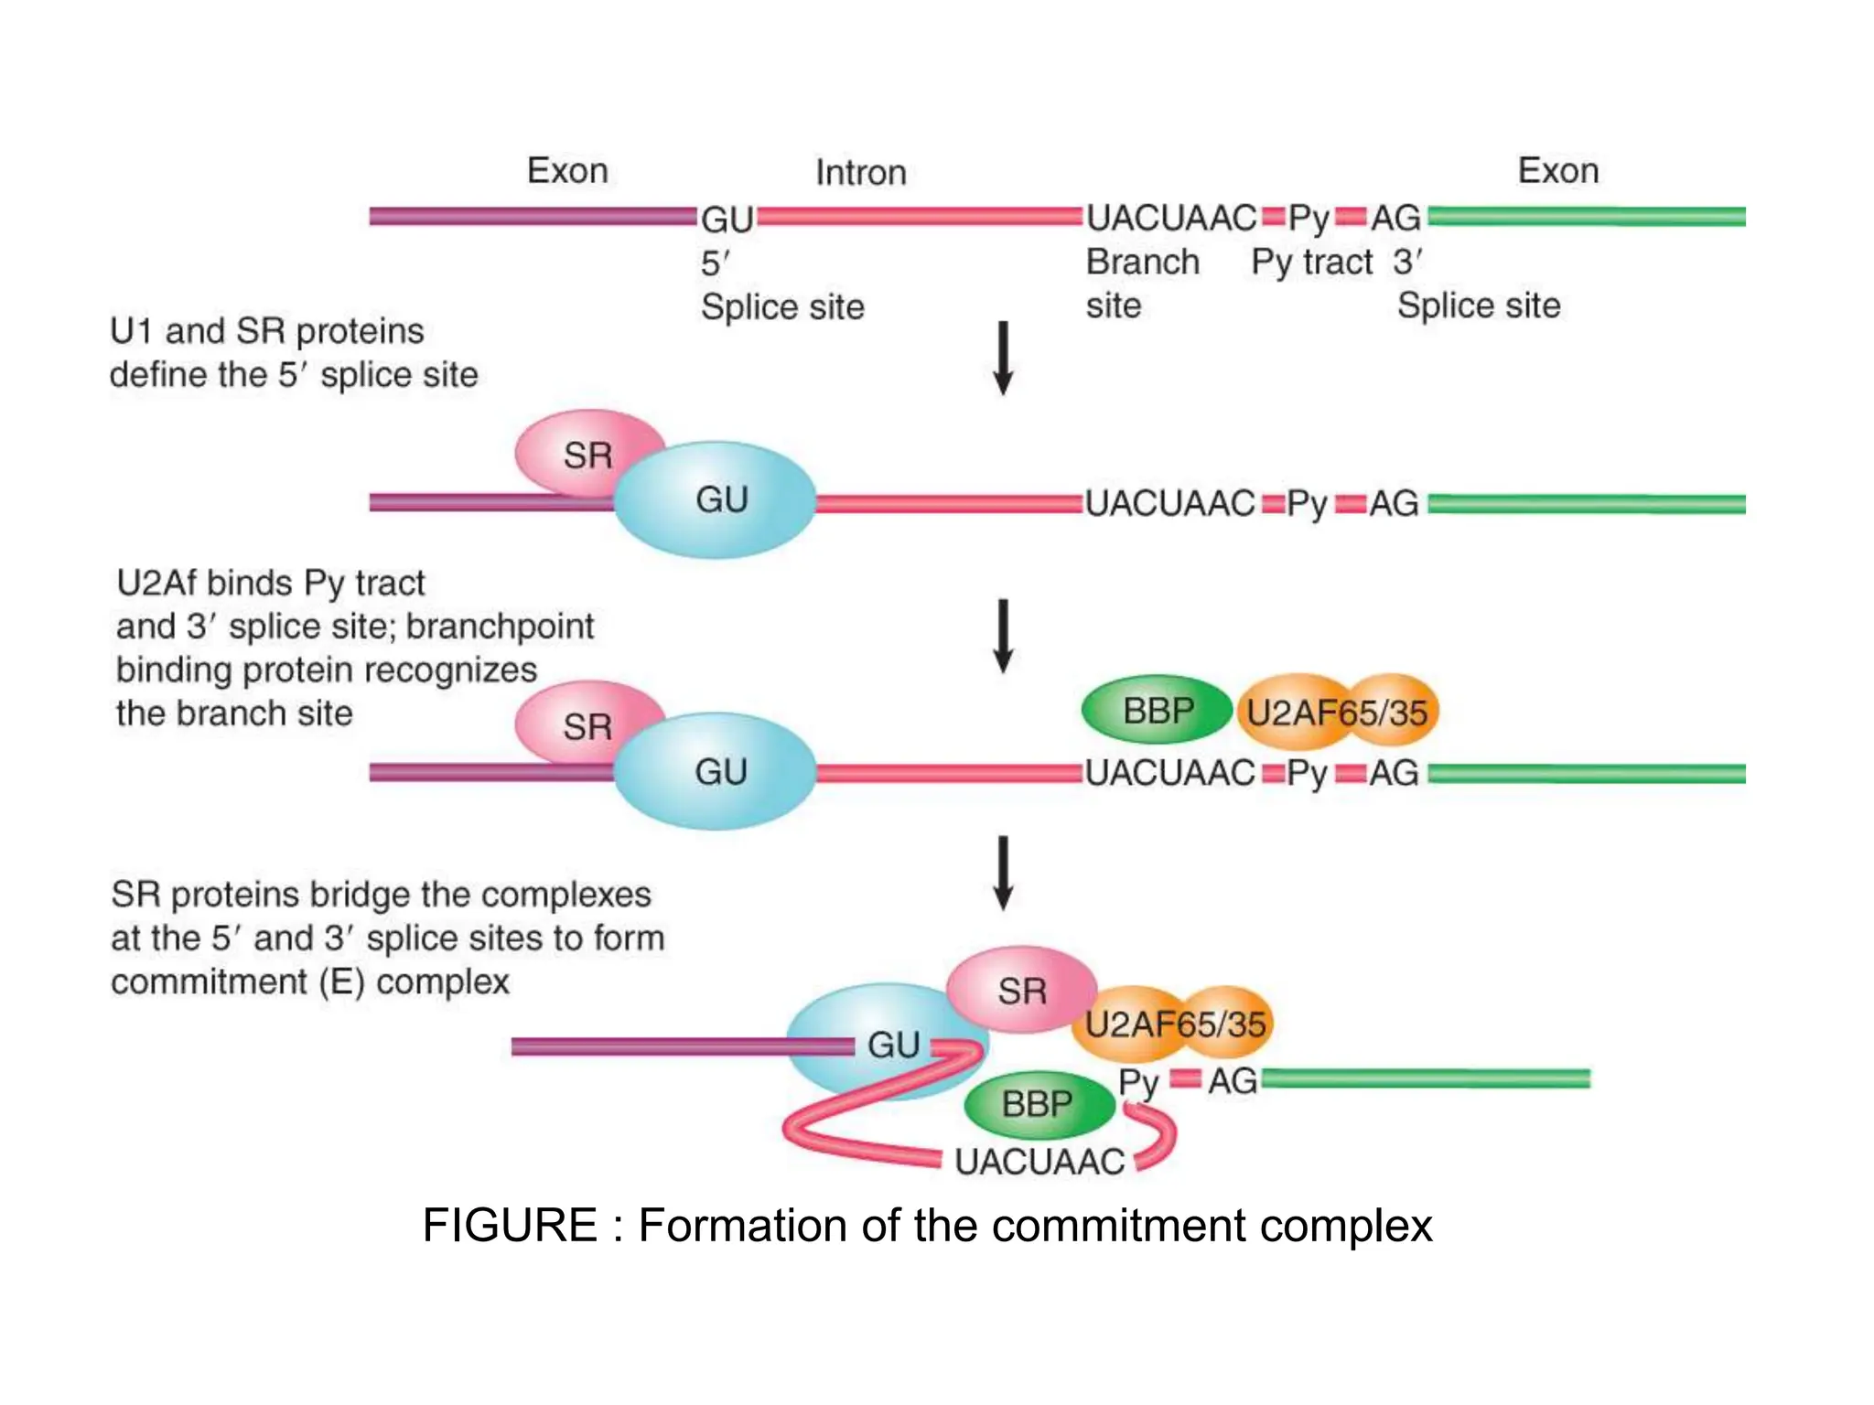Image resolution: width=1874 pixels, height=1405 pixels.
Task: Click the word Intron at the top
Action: coord(860,173)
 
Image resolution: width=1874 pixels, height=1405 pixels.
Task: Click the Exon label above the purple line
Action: coord(567,171)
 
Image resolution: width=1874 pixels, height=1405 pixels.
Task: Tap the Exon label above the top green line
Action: coord(1557,171)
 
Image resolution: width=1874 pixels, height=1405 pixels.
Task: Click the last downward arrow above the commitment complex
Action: coord(1003,873)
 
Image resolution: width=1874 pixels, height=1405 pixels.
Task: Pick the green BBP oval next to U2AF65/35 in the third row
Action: coord(1157,711)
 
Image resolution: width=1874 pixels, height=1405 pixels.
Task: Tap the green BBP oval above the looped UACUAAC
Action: coord(1038,1104)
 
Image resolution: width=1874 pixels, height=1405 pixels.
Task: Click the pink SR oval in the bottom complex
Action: coord(1021,991)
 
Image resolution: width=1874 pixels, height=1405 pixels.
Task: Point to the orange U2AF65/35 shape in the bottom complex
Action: coord(1175,1024)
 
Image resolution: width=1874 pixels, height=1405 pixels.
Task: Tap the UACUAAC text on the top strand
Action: coord(1170,219)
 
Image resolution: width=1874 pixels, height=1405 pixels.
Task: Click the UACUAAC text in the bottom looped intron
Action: coord(1039,1162)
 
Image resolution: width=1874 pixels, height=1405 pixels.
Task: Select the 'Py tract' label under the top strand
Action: coord(1311,263)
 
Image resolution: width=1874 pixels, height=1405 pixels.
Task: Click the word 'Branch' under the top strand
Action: coord(1142,263)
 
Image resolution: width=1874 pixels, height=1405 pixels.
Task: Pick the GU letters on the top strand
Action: coord(727,220)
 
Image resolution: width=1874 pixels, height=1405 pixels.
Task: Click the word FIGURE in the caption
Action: coord(510,1226)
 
